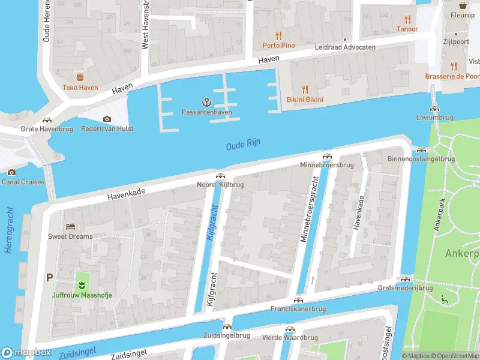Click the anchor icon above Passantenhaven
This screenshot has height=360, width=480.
coord(207,102)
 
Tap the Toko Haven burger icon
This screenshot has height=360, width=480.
coord(80,77)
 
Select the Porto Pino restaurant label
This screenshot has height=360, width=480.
coord(278,46)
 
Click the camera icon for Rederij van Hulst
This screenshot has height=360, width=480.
coord(107,119)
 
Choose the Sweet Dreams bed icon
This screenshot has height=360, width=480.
coord(71,226)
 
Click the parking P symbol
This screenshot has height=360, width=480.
coord(49,278)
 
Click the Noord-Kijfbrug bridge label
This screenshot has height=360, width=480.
coord(220,185)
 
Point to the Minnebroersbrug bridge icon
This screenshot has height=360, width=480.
coord(327,156)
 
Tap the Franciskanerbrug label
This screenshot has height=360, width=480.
coord(298,309)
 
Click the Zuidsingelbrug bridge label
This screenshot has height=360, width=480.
coord(226,335)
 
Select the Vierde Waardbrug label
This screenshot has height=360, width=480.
coord(290,338)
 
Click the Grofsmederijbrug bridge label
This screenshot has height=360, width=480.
coord(405,289)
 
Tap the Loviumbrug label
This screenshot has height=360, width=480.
coord(434,118)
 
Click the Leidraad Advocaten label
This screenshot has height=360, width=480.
coord(346,47)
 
